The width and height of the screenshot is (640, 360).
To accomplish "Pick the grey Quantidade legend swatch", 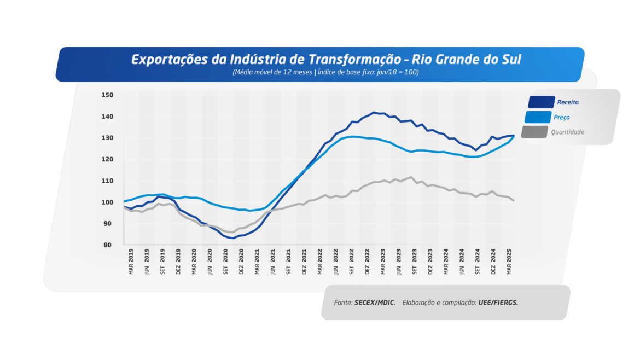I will tap(533, 132).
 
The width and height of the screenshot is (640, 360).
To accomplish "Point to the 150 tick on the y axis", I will tap(107, 95).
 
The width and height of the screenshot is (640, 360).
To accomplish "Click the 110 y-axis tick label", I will tap(107, 181).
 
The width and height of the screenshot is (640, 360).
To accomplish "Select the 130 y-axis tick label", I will tap(107, 138).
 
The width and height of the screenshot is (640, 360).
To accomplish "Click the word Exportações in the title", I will tap(170, 60).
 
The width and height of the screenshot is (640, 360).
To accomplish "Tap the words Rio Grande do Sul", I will tap(466, 60).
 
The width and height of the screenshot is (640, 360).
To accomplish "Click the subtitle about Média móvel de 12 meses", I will tap(325, 72).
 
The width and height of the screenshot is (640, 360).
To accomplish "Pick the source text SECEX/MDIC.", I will tap(375, 303).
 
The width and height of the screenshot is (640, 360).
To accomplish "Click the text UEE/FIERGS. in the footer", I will tap(498, 303).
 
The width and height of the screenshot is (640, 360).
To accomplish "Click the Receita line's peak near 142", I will tap(374, 113).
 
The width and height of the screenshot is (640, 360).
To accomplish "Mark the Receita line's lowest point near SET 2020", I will tap(233, 238).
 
